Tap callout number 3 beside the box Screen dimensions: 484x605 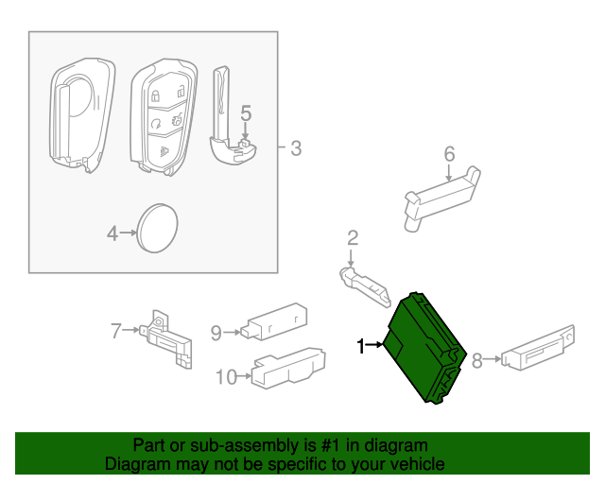[x=295, y=147]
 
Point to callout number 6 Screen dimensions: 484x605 [x=449, y=153]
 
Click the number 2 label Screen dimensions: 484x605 [x=352, y=237]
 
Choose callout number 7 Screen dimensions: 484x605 [x=116, y=330]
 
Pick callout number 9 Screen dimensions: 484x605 [x=216, y=332]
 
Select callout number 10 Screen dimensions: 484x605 [x=225, y=377]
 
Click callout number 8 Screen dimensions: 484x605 [x=477, y=359]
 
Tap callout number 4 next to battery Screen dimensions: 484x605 [x=112, y=232]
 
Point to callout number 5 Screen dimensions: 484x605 [x=245, y=114]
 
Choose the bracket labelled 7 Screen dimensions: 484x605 [x=169, y=337]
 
